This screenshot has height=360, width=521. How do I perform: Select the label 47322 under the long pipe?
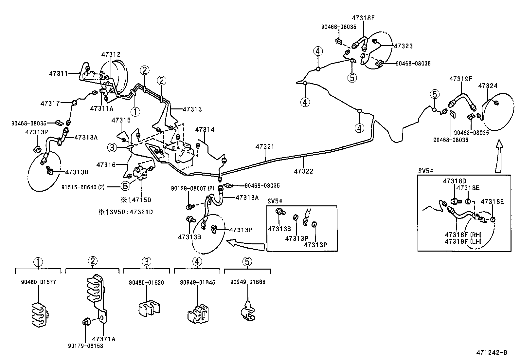[303, 171]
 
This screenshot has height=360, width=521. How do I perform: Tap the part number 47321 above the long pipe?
[265, 147]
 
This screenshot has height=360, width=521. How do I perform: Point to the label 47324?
[488, 86]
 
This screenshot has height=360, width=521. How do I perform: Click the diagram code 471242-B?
[492, 352]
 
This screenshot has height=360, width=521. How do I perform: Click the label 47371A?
[104, 339]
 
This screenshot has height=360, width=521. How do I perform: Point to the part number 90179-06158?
[85, 346]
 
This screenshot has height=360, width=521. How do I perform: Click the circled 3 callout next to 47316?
[112, 148]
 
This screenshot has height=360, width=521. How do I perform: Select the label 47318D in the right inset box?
[455, 181]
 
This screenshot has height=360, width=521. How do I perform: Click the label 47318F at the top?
[363, 18]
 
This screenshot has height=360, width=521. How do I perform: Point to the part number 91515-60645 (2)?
[83, 187]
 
